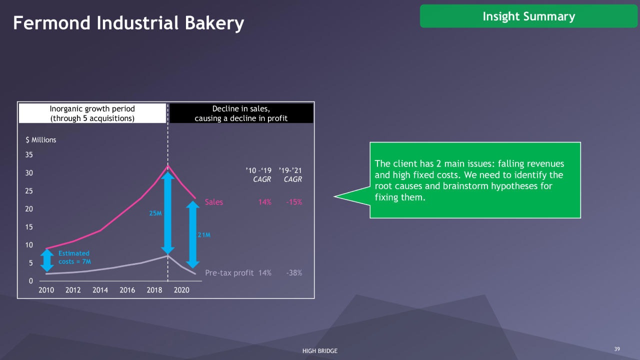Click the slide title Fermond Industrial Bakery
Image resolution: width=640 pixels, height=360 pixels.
tap(128, 23)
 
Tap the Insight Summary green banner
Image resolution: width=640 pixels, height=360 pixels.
tap(528, 16)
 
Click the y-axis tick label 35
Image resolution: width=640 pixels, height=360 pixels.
tap(29, 155)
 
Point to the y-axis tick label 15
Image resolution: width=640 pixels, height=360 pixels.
tap(29, 227)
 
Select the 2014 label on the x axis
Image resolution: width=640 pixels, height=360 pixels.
tap(100, 290)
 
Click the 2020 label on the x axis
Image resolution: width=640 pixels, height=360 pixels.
tap(181, 290)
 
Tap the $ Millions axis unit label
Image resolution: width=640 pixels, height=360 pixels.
tap(41, 140)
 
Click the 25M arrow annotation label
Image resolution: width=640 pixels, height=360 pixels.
tap(155, 213)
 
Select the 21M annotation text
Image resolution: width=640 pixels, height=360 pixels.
tap(204, 235)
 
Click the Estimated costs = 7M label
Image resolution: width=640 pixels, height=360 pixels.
tap(74, 257)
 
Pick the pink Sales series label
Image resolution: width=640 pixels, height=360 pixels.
tap(213, 202)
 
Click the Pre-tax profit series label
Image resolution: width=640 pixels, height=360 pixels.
tap(229, 273)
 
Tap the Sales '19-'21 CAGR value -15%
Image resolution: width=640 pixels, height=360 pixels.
tap(294, 202)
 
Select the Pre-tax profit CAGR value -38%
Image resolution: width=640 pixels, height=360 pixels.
tap(294, 273)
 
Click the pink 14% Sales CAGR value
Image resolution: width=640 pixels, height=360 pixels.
tap(265, 202)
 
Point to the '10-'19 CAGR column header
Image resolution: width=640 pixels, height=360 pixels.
tap(258, 175)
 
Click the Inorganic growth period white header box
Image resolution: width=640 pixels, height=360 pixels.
tap(92, 113)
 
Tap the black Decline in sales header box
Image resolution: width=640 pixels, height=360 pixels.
tap(241, 113)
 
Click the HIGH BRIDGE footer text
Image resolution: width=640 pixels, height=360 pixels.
tap(320, 351)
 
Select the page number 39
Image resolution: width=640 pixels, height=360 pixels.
tap(617, 349)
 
